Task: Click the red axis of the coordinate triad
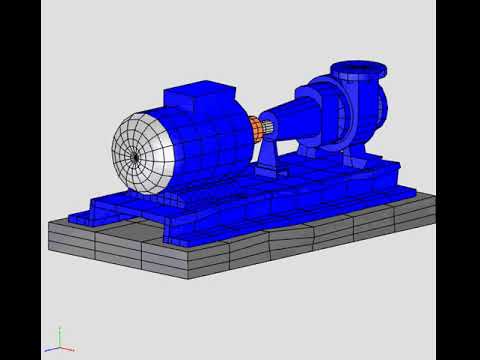pyautogui.click(x=68, y=349)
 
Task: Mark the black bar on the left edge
pyautogui.click(x=20, y=180)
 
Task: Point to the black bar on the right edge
pyautogui.click(x=458, y=180)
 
